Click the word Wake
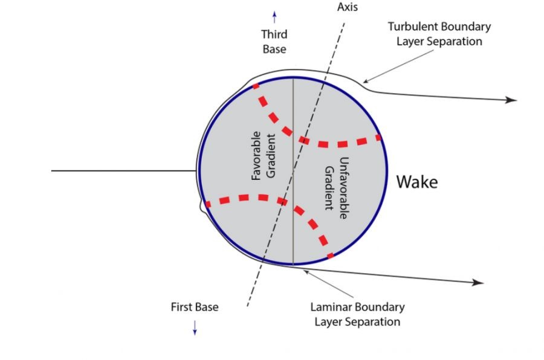416,182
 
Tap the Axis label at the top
347,7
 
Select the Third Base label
274,41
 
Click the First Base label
195,307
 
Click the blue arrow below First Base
195,327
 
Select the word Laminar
332,307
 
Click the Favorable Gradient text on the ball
264,155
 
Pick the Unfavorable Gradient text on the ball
336,184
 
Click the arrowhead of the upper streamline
513,100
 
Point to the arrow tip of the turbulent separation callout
364,82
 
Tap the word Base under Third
274,48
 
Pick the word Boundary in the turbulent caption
468,27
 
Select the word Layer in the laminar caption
330,321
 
